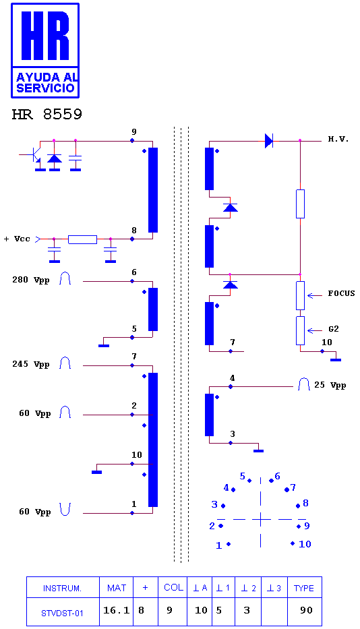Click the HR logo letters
coord(45,36)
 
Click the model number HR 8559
coord(47,115)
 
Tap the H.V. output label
coord(338,139)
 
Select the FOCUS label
coord(341,293)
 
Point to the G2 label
coord(334,329)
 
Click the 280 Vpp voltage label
coord(30,280)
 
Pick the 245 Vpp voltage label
coord(30,364)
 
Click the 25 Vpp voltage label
coord(330,385)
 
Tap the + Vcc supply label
coord(17,239)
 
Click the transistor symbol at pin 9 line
coord(35,155)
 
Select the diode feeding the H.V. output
coord(269,141)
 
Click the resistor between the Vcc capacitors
coord(82,239)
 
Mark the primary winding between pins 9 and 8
coord(153,190)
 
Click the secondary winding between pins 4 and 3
coord(209,415)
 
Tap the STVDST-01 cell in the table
coord(62,613)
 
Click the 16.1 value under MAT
coord(117,610)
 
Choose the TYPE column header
coord(304,588)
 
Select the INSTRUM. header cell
coord(62,589)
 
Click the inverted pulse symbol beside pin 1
coord(65,509)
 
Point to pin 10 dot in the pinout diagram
coord(293,543)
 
